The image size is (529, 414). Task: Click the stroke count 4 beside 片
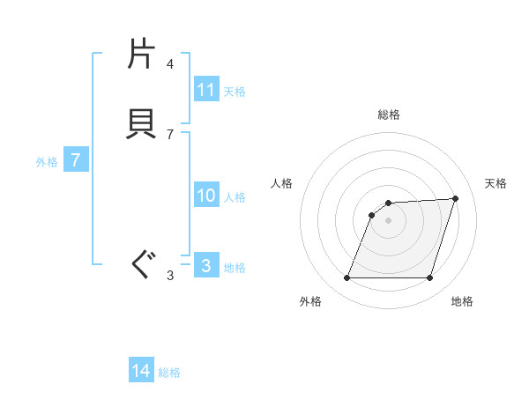[169, 64]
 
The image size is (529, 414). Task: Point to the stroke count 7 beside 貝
[169, 134]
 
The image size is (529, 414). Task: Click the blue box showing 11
[206, 90]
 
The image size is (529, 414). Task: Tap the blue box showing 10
[206, 196]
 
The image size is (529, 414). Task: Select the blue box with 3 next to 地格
[206, 266]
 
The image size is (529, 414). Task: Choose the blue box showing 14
[141, 372]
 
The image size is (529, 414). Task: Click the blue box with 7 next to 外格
[76, 160]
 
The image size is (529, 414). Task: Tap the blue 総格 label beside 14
[169, 373]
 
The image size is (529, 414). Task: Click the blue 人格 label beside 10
[235, 196]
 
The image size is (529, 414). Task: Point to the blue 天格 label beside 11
[235, 91]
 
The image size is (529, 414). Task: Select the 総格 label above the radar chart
[389, 115]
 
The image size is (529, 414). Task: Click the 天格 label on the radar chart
[495, 183]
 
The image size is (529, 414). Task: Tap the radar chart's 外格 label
[310, 301]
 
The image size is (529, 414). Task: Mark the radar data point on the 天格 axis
[456, 198]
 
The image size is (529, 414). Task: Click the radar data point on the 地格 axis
[429, 278]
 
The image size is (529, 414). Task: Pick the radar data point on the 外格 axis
[346, 278]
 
